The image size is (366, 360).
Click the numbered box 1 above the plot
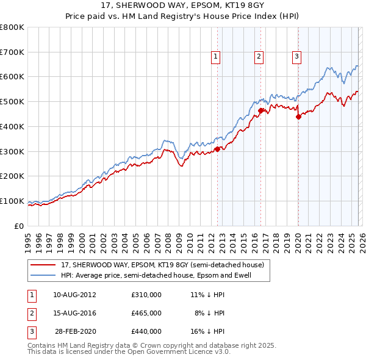216,57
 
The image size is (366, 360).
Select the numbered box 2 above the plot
259,57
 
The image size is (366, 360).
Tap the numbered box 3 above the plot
296,57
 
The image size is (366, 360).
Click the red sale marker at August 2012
217,148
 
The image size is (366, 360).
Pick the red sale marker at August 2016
260,110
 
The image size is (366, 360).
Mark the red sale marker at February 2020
298,117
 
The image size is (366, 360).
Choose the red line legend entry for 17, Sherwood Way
162,265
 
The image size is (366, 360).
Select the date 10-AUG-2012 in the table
74,295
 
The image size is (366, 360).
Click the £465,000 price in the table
146,313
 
